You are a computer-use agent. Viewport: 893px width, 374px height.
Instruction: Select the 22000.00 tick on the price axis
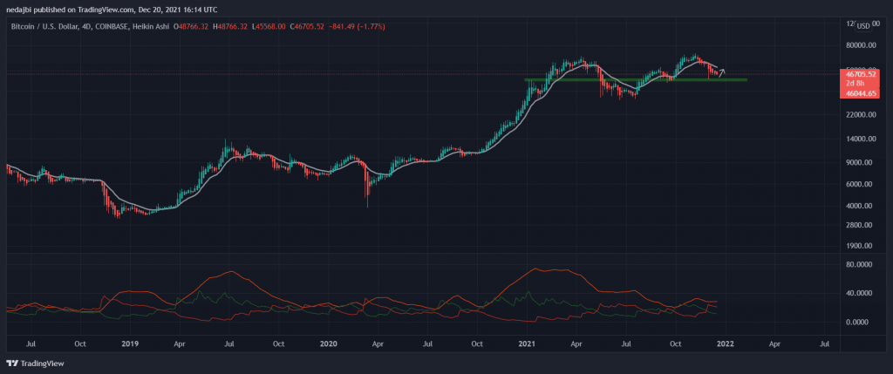tap(860, 114)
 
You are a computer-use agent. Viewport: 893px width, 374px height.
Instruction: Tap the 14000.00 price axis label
tap(860, 139)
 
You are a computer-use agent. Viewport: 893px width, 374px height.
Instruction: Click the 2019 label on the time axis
tap(129, 344)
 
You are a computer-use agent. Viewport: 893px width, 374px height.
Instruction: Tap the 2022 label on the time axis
tap(725, 344)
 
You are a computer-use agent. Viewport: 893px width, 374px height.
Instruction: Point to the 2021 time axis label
tap(527, 344)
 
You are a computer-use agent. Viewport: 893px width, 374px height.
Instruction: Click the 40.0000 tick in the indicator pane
tap(862, 293)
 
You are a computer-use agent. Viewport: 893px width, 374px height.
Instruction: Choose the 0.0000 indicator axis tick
tap(863, 322)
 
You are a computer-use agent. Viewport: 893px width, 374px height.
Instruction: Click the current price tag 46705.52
tap(860, 76)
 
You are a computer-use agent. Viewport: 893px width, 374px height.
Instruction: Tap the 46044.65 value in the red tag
tap(860, 92)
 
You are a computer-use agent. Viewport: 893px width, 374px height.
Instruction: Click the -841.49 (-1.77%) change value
tap(354, 27)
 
